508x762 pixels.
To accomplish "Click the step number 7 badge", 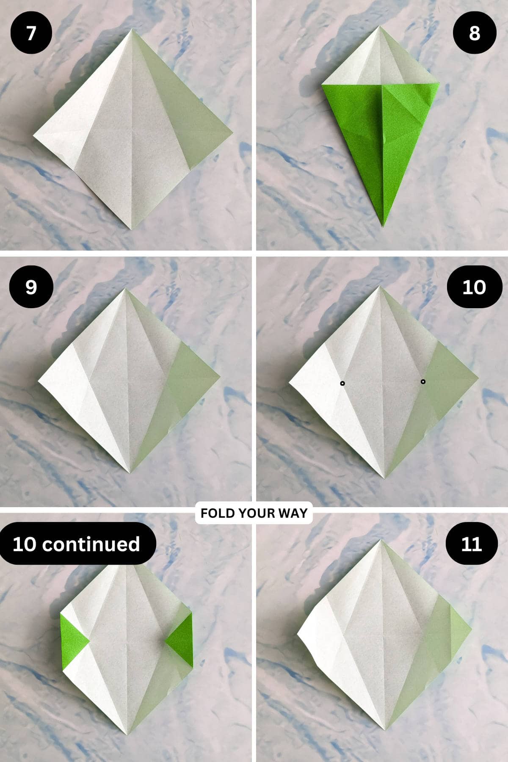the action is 31,33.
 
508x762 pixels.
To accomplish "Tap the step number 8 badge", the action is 475,33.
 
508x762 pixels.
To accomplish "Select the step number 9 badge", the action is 31,287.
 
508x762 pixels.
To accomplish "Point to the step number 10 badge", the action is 474,287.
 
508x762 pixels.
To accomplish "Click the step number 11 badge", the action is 471,544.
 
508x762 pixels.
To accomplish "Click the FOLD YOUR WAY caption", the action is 254,513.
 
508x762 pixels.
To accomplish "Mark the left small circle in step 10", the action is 342,384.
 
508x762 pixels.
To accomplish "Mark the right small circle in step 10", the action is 423,382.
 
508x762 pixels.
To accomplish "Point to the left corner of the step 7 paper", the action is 34,136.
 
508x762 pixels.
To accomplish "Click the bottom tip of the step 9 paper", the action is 130,472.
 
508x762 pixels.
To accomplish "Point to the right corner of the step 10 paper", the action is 478,376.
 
